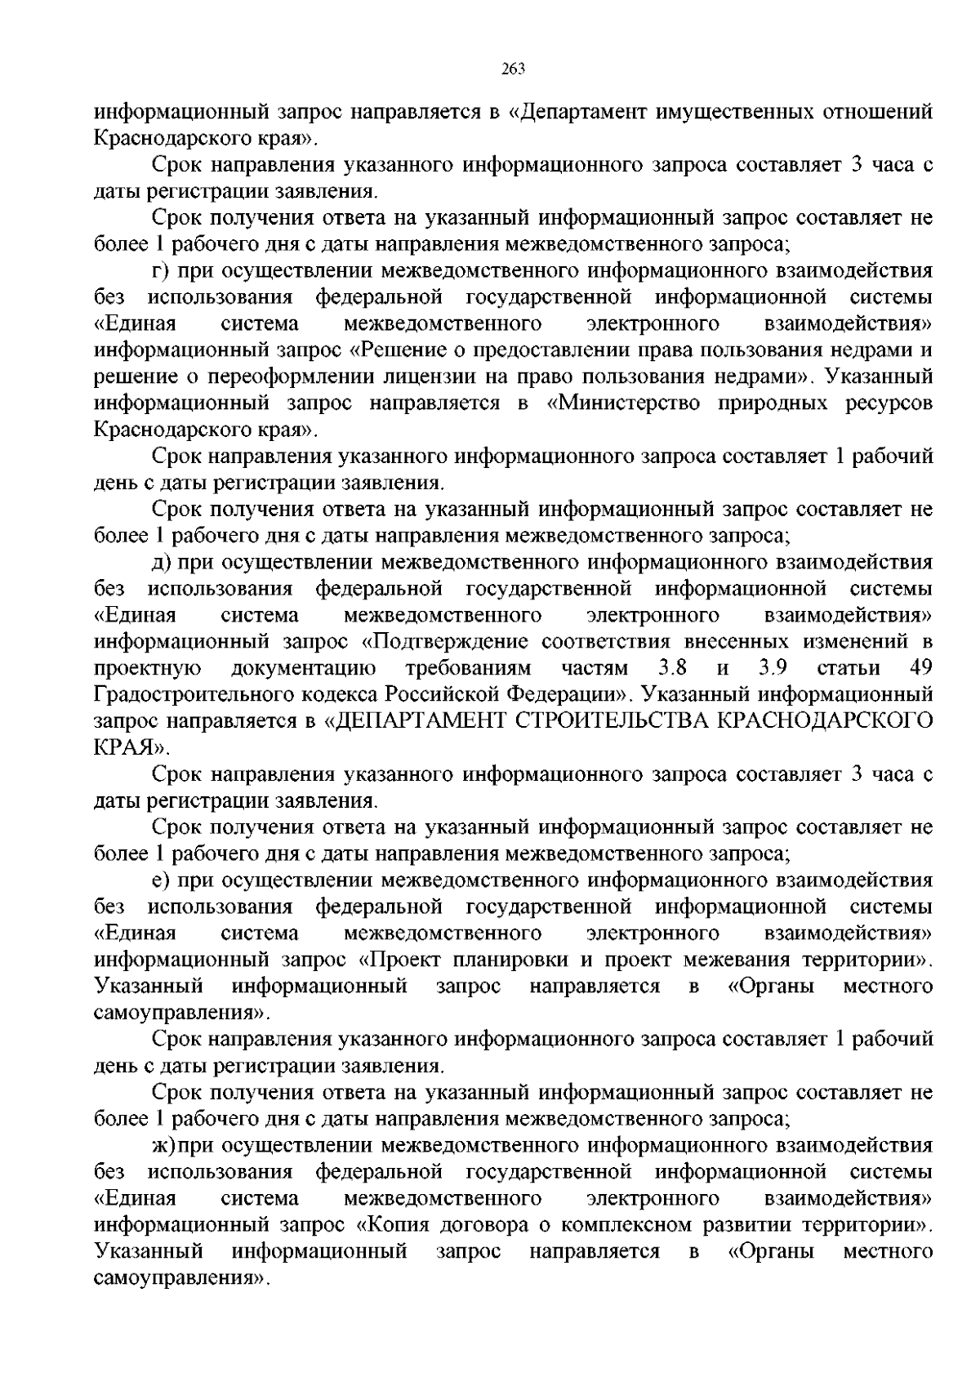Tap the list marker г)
click(x=161, y=270)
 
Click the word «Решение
click(x=412, y=350)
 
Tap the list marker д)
click(x=161, y=562)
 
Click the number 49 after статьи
click(x=920, y=668)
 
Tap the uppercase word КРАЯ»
click(x=131, y=747)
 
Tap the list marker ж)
click(x=163, y=1144)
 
